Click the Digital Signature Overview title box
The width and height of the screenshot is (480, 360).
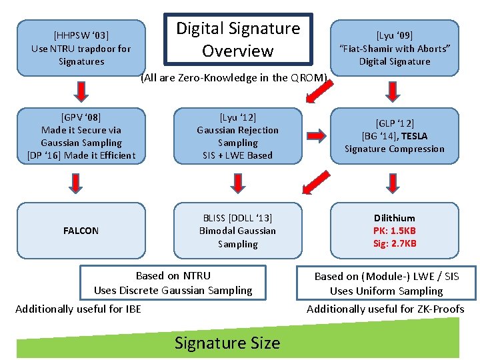pyautogui.click(x=238, y=39)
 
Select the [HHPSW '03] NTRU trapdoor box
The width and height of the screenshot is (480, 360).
pyautogui.click(x=81, y=48)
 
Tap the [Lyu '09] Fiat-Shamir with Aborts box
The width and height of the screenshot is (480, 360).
pyautogui.click(x=395, y=48)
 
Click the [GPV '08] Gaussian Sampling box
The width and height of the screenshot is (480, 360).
pyautogui.click(x=81, y=136)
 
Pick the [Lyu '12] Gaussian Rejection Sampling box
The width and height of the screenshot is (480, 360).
pyautogui.click(x=238, y=136)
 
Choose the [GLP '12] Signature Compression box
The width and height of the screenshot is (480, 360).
pyautogui.click(x=395, y=136)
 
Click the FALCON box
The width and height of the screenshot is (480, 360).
pyautogui.click(x=81, y=231)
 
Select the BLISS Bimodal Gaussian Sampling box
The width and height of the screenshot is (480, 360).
pyautogui.click(x=238, y=231)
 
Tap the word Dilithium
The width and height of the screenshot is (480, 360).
pyautogui.click(x=395, y=218)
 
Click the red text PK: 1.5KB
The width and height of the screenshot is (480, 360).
pyautogui.click(x=395, y=231)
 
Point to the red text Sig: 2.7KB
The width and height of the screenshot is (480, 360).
pyautogui.click(x=395, y=243)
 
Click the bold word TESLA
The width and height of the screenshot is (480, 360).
pyautogui.click(x=414, y=136)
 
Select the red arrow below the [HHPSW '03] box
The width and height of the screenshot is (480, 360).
pyautogui.click(x=81, y=89)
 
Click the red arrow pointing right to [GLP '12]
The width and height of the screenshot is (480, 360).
pyautogui.click(x=312, y=136)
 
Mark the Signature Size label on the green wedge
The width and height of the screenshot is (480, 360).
pyautogui.click(x=227, y=343)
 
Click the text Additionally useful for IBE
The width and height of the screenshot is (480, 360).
pyautogui.click(x=78, y=309)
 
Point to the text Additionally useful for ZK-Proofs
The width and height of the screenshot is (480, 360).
pyautogui.click(x=385, y=309)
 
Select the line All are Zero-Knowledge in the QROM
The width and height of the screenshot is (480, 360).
pyautogui.click(x=234, y=78)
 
